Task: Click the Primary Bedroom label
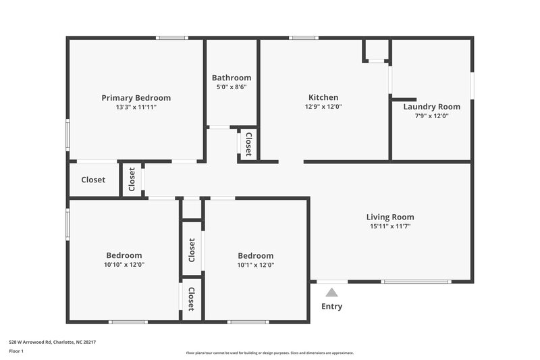pos(136,98)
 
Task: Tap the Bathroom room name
pos(232,78)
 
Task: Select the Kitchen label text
pos(323,97)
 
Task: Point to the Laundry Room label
pos(431,107)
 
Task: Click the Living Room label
pos(390,217)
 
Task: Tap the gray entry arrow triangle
pos(331,292)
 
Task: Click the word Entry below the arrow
pos(331,307)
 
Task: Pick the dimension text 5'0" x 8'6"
pos(232,87)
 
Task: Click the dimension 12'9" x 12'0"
pos(323,107)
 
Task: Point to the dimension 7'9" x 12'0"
pos(431,116)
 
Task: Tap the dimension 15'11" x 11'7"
pos(390,226)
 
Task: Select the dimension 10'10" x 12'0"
pos(124,265)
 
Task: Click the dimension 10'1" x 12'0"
pos(256,265)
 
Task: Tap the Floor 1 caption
pos(16,351)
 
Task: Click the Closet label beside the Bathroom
pos(248,144)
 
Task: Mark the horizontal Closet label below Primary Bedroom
pos(93,180)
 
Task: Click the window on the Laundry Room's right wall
pos(472,86)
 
